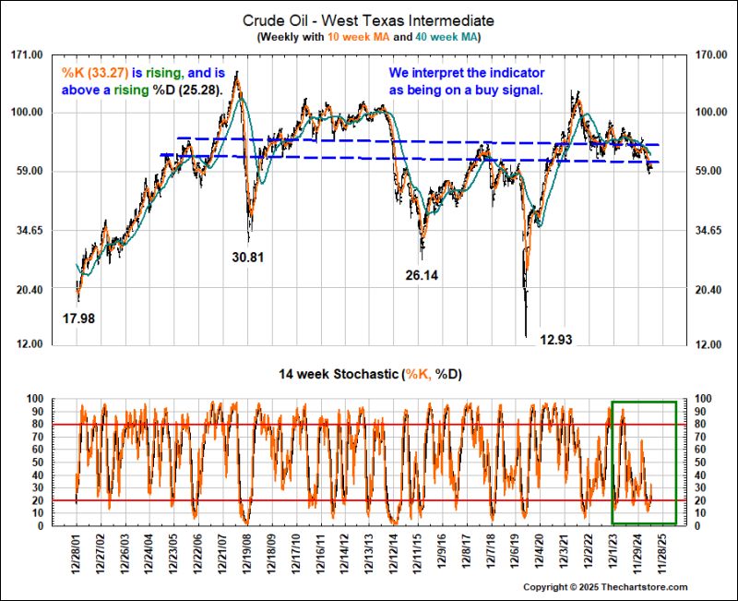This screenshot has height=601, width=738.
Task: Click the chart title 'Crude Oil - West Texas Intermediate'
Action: coord(368,19)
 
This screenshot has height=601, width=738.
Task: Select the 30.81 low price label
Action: coord(248,258)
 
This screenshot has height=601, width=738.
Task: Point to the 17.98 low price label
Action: coord(78,319)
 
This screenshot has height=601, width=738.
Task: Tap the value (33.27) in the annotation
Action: coord(106,73)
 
